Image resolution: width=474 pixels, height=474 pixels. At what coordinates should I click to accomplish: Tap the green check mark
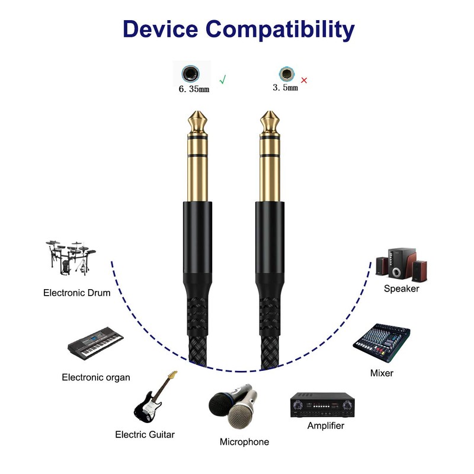[x=223, y=78]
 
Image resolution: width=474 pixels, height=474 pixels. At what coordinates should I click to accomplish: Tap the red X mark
[x=304, y=80]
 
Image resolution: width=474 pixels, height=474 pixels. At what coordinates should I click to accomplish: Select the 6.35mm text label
[x=194, y=89]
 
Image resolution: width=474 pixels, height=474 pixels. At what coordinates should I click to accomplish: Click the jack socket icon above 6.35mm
[x=190, y=74]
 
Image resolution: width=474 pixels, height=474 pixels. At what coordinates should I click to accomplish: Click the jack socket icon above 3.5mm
[x=286, y=74]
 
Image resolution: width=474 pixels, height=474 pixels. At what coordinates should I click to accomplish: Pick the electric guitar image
[x=153, y=397]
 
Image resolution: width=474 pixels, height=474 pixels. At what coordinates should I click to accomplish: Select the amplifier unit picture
[x=322, y=405]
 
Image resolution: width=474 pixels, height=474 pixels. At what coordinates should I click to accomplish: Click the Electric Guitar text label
[x=145, y=434]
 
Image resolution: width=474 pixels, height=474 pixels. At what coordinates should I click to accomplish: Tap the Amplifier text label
[x=325, y=425]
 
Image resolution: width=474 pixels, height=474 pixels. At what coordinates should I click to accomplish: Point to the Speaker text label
[x=401, y=289]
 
